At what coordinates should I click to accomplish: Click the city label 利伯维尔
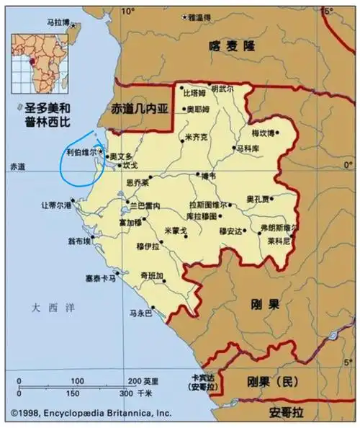click(81, 153)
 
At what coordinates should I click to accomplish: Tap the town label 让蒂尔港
click(56, 205)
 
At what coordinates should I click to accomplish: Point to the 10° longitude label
click(128, 11)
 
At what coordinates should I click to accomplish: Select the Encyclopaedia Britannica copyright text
click(90, 414)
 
